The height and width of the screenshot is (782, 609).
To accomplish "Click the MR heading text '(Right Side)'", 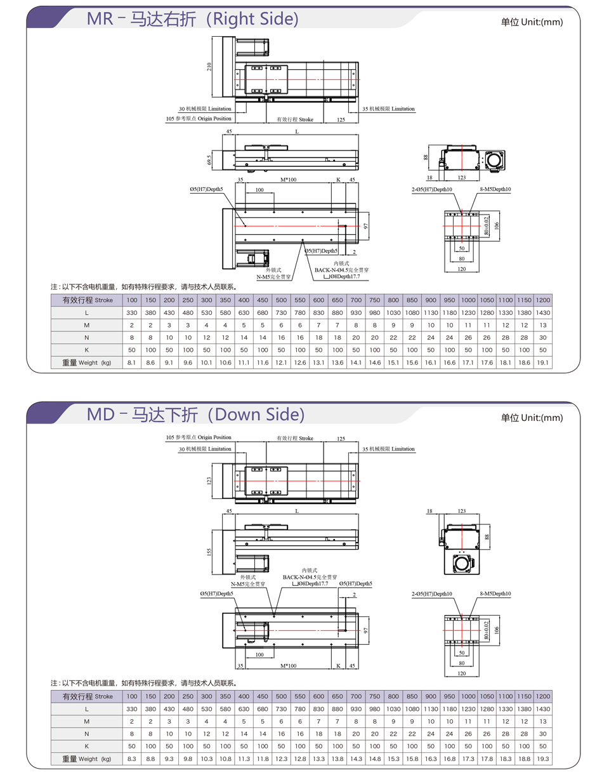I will [251, 20].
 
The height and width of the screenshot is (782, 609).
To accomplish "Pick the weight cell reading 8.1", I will [132, 362].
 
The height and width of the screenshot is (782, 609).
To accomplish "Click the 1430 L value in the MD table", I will [543, 708].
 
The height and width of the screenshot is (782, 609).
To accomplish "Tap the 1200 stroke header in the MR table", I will [543, 300].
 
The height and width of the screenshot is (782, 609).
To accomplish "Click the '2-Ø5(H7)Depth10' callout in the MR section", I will [432, 189].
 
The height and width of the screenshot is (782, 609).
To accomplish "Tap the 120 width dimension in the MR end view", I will [461, 269].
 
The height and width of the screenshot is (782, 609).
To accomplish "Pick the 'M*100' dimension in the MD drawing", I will [289, 666].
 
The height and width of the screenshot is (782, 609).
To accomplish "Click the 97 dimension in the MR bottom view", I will [365, 225].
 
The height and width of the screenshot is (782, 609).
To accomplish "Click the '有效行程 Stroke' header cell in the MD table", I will [86, 696].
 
